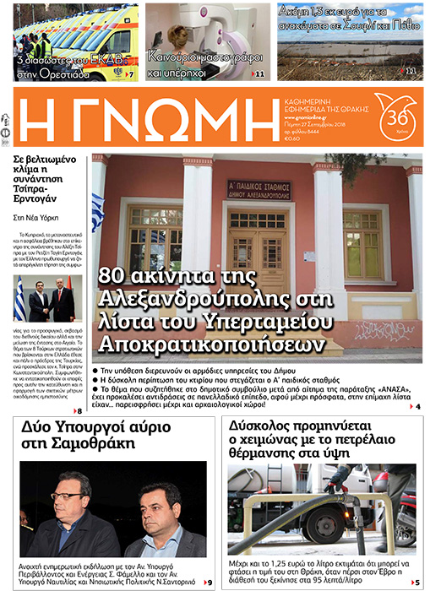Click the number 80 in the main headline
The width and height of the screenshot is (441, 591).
pyautogui.click(x=115, y=276)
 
